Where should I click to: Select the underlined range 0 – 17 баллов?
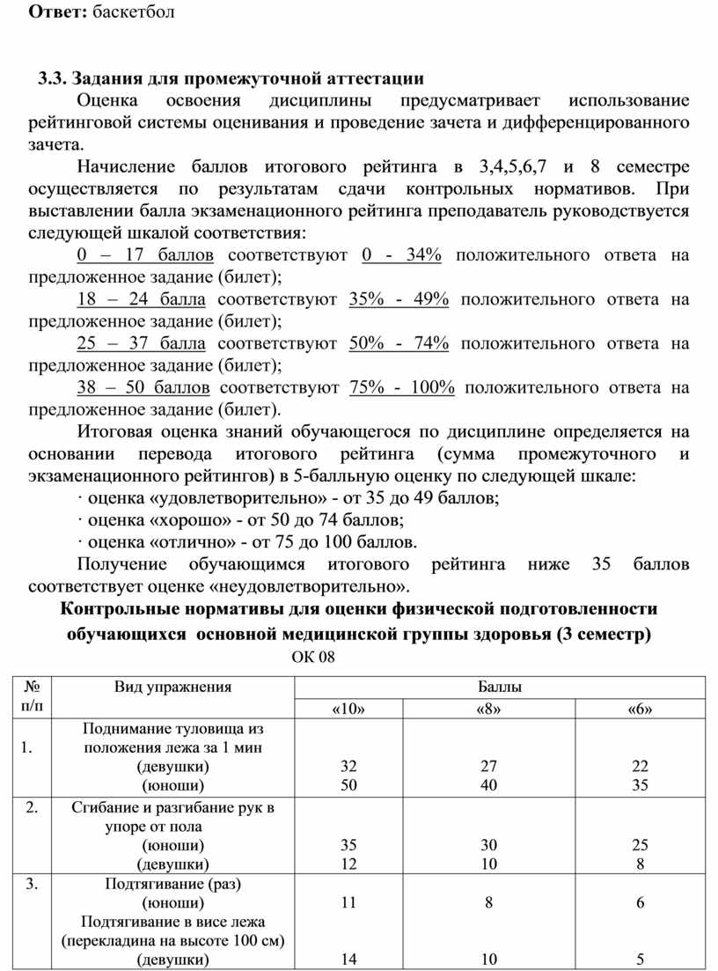[x=145, y=255]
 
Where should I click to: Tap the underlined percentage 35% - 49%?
[x=399, y=299]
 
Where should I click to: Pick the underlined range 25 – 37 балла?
[x=142, y=343]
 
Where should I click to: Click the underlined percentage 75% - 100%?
[x=401, y=387]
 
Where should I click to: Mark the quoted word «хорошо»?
[x=170, y=519]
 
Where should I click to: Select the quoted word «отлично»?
[x=172, y=541]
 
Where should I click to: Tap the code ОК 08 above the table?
[x=313, y=657]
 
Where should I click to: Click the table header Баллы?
[x=499, y=688]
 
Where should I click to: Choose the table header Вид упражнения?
[x=173, y=688]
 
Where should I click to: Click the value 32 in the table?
[x=349, y=767]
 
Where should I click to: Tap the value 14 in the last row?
[x=349, y=960]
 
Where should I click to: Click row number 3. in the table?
[x=32, y=884]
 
